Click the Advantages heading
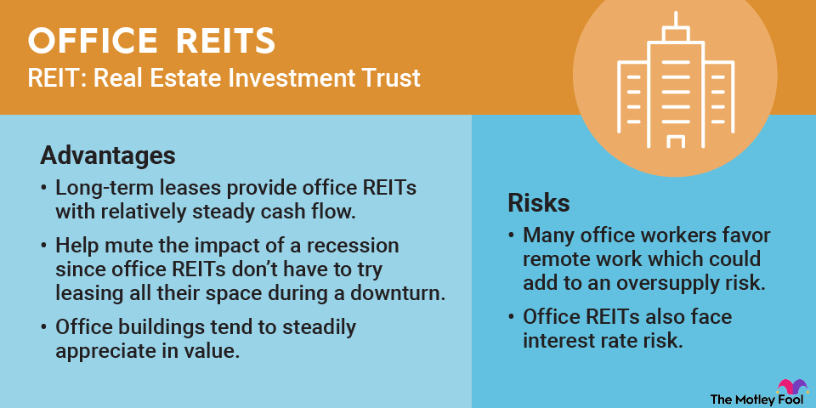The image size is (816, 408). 108,156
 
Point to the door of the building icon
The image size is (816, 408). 675,142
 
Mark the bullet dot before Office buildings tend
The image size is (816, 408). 46,328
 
